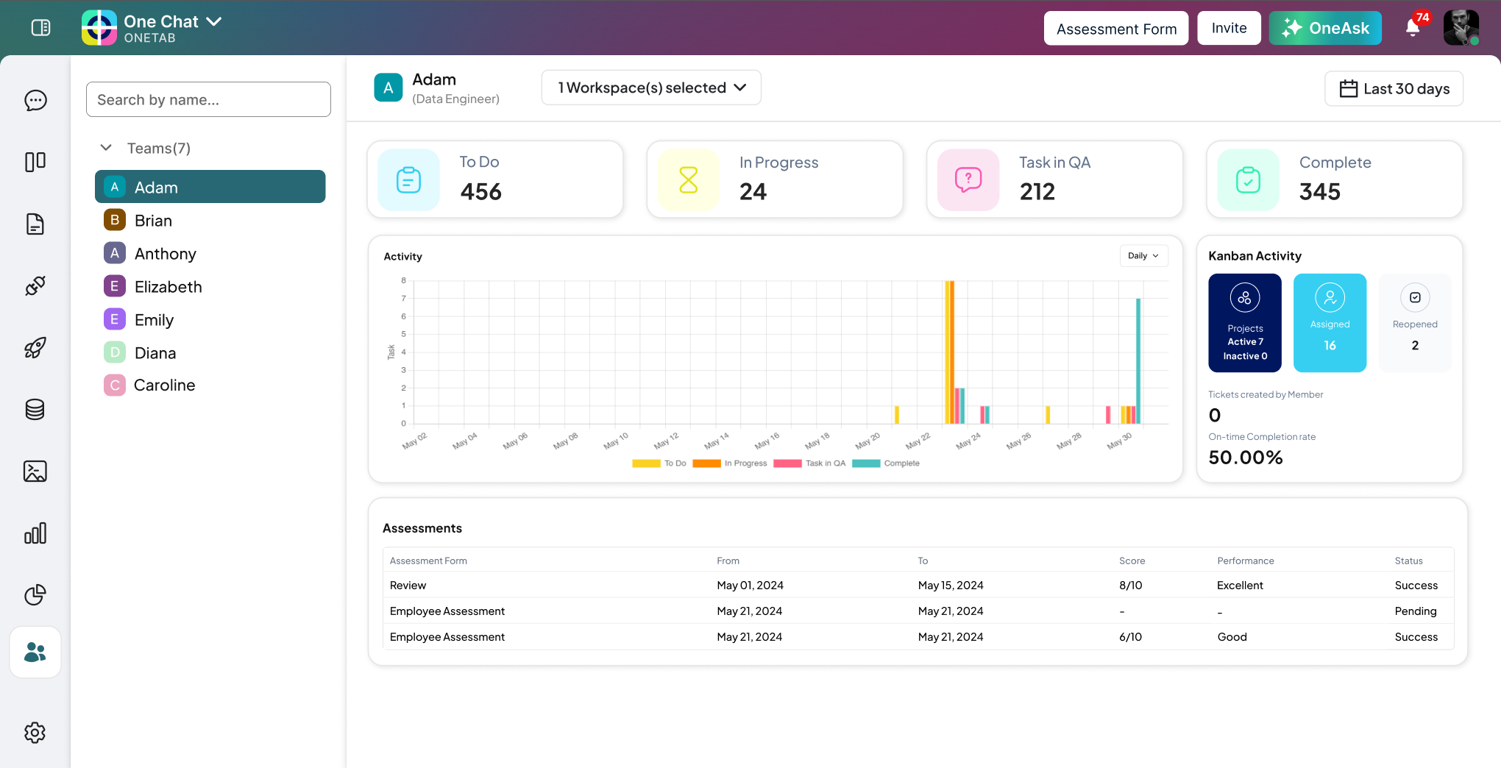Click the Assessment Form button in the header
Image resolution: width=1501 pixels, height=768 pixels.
[x=1115, y=29]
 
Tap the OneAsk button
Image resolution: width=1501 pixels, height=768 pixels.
[x=1325, y=29]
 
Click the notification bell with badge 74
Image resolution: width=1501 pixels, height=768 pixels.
[x=1412, y=28]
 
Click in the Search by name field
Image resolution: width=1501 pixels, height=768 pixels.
[x=208, y=99]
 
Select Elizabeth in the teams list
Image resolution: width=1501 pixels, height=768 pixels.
[x=168, y=287]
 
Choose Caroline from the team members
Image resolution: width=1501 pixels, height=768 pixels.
[x=164, y=385]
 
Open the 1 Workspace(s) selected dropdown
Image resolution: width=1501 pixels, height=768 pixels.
[x=651, y=88]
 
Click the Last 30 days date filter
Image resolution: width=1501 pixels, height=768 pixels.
[x=1394, y=89]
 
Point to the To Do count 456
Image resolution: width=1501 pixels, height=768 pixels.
[x=480, y=192]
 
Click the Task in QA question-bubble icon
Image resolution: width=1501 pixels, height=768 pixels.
[x=968, y=179]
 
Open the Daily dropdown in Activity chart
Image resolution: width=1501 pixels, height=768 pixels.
[x=1143, y=256]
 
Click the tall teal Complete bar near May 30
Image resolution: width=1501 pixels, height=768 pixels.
[x=1138, y=360]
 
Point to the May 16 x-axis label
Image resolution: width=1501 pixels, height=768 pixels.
[x=767, y=441]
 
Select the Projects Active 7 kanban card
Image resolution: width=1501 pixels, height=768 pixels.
[x=1245, y=323]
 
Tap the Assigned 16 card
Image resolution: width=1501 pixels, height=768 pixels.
[x=1330, y=323]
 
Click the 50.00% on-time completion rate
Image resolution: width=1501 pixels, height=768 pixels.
[x=1245, y=458]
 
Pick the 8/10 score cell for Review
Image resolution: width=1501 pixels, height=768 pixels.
[x=1130, y=586]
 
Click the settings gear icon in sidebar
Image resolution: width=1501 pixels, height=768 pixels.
[x=35, y=732]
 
